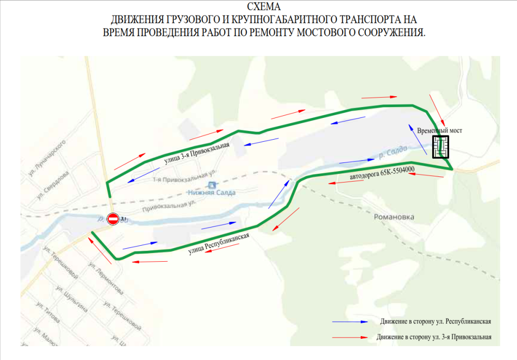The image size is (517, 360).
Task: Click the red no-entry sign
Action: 113,219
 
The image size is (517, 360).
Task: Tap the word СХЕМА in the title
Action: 264,7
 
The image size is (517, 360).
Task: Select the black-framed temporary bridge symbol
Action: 440,146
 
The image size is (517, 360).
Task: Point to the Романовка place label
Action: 394,217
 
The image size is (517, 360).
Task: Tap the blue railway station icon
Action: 212,185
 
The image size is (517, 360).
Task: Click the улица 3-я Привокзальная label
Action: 197,153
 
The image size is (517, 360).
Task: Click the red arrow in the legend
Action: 352,337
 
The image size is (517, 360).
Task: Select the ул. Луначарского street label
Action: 48,156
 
